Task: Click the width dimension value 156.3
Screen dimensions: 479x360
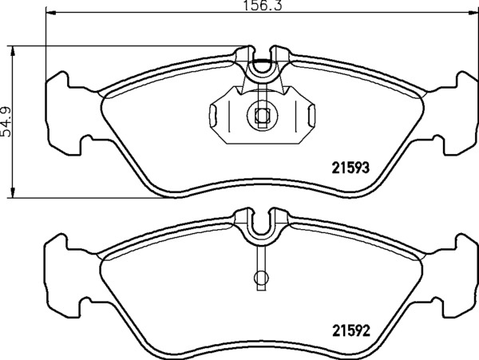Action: [263, 6]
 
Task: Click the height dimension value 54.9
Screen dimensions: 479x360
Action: [6, 122]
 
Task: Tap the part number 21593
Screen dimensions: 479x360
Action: [350, 168]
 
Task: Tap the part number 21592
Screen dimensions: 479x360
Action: [351, 330]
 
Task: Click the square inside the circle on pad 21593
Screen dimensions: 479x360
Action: [262, 115]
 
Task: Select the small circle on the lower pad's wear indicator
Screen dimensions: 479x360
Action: [261, 278]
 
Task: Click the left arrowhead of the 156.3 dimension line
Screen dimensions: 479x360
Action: [51, 13]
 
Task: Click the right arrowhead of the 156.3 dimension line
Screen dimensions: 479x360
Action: [473, 13]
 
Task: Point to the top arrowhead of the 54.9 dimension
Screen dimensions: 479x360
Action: [13, 52]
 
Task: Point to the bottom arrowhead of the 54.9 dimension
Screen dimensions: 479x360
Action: [13, 192]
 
